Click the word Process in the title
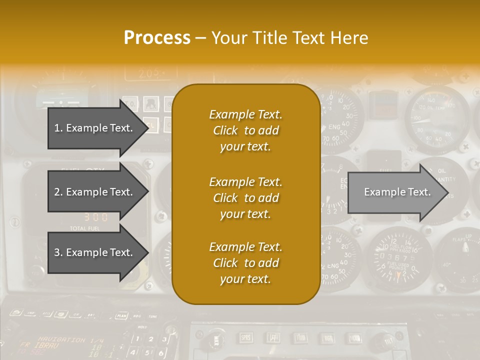coord(157,38)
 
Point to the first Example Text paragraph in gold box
coord(245,130)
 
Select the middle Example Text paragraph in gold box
coord(245,197)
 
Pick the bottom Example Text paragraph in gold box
coord(245,262)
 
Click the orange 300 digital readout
coord(96,217)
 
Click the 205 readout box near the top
coord(150,74)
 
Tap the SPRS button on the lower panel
coord(245,338)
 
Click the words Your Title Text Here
coord(289,38)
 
